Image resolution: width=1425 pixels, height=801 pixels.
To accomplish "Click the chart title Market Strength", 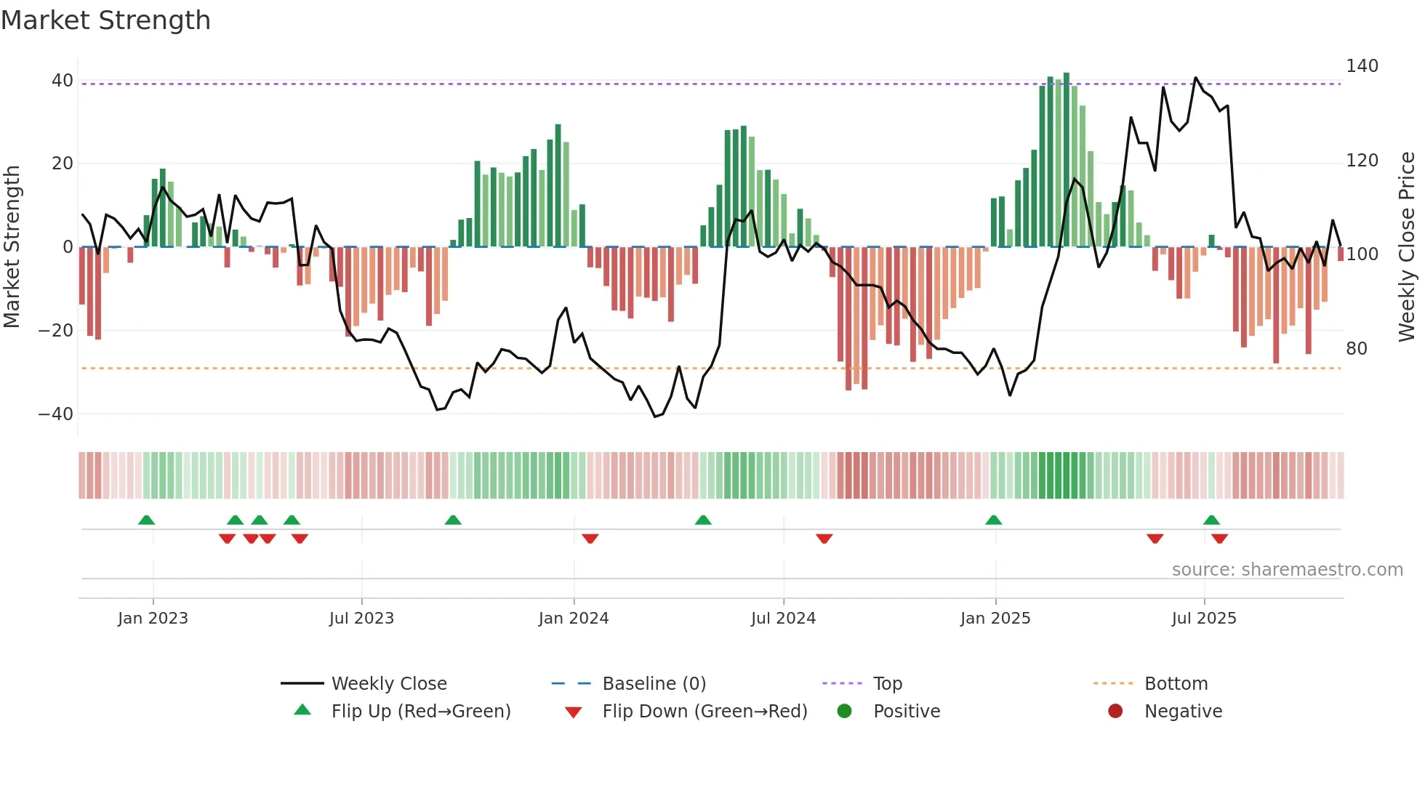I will click(x=105, y=20).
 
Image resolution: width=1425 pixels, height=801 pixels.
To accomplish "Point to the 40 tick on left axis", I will click(x=63, y=81).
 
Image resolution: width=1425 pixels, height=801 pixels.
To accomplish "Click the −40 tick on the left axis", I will click(x=56, y=414).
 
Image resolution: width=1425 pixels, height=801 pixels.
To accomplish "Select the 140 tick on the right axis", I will click(x=1362, y=66).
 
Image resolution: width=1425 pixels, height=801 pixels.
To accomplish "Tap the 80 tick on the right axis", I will click(x=1357, y=349).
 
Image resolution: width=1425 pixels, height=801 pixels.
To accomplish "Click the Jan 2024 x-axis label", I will click(x=574, y=619).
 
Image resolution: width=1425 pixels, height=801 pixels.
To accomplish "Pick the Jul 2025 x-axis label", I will click(x=1204, y=619).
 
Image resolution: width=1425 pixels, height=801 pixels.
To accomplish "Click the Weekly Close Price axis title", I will click(x=1407, y=247).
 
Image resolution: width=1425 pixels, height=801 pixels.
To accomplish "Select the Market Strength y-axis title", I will click(x=12, y=247).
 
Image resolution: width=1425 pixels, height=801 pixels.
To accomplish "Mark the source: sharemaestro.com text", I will click(x=1287, y=570).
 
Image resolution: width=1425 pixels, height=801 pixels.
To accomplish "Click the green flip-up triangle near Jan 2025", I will click(x=994, y=520).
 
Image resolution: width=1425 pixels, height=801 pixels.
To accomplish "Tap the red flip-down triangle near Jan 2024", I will click(x=590, y=538).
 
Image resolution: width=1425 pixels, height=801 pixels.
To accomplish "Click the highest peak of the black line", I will click(x=1196, y=78).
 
